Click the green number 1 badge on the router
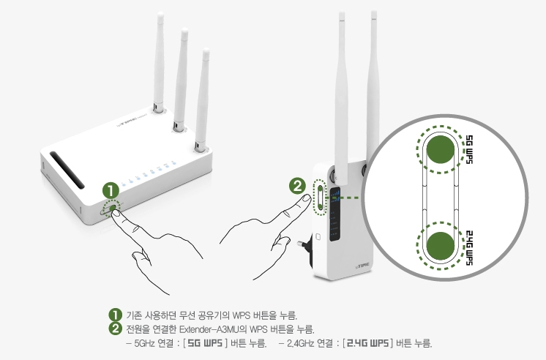coord(111,190)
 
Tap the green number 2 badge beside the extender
coord(298,185)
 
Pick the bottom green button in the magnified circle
coord(441,244)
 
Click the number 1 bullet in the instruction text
coord(113,316)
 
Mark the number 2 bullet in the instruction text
coord(113,329)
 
